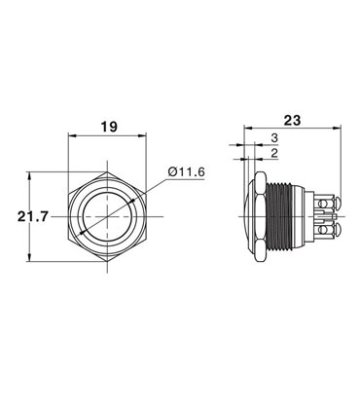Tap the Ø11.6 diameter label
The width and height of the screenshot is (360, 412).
(186, 171)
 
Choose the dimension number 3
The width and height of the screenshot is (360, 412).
(275, 138)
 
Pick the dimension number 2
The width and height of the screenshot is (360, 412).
(275, 153)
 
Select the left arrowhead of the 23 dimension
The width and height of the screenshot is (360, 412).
(243, 127)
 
